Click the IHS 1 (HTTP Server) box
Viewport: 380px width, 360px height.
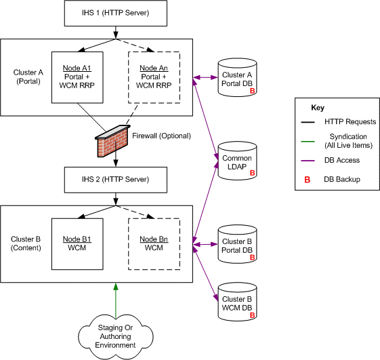tap(116, 13)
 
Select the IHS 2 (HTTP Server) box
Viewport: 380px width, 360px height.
tap(116, 180)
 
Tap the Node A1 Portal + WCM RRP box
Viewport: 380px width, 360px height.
tap(77, 77)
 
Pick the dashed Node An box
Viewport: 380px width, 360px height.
tap(154, 77)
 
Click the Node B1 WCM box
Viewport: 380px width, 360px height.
tap(77, 244)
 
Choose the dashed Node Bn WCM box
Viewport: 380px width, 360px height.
tap(154, 244)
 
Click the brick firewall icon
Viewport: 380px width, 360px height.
tap(112, 141)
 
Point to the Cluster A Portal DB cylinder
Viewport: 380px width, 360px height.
tap(237, 77)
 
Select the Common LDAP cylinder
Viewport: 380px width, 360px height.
tap(237, 161)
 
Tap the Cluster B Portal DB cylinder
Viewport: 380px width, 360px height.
tap(237, 244)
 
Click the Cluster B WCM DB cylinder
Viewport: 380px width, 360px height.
tap(237, 302)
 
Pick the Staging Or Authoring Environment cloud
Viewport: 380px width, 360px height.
tap(116, 337)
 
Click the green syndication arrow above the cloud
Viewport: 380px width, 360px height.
tap(116, 301)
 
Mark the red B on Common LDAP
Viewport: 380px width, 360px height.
tap(252, 173)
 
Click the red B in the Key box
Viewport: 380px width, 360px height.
tap(308, 180)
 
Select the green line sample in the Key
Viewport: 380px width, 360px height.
tap(308, 141)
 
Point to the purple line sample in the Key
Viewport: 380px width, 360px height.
tap(308, 161)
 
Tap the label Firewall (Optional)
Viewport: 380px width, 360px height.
tap(161, 136)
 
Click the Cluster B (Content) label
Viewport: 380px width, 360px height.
tap(26, 243)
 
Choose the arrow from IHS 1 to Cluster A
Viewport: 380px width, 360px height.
tap(116, 33)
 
